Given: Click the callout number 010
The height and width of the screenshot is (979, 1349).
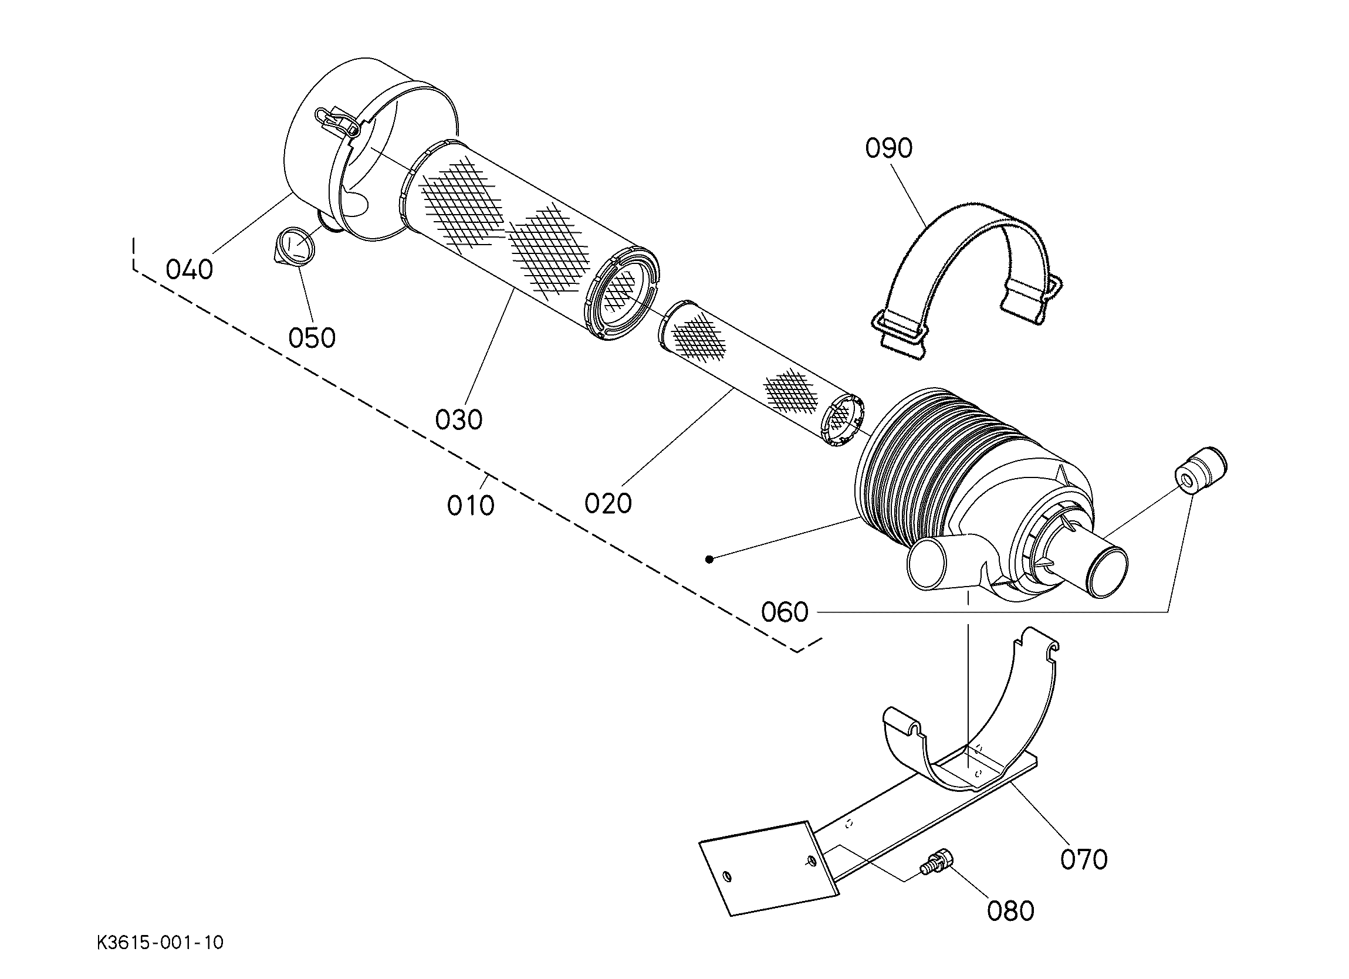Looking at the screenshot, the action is (x=471, y=506).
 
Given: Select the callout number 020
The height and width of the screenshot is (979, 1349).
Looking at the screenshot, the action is (x=608, y=504).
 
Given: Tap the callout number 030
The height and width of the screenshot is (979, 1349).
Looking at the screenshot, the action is (x=459, y=420).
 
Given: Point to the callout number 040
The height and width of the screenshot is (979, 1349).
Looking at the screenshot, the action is (x=189, y=270).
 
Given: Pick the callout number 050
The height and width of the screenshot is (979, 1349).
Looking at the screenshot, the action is (x=312, y=338).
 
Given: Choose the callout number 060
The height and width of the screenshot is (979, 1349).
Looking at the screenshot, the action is (x=785, y=612).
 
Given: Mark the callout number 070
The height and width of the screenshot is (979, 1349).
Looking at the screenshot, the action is (x=1084, y=859).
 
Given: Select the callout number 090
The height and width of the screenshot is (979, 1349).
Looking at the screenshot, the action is (x=888, y=148).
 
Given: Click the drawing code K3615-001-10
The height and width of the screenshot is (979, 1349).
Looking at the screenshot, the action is (x=161, y=943).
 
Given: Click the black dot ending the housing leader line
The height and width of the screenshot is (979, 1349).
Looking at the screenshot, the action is (x=708, y=559).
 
